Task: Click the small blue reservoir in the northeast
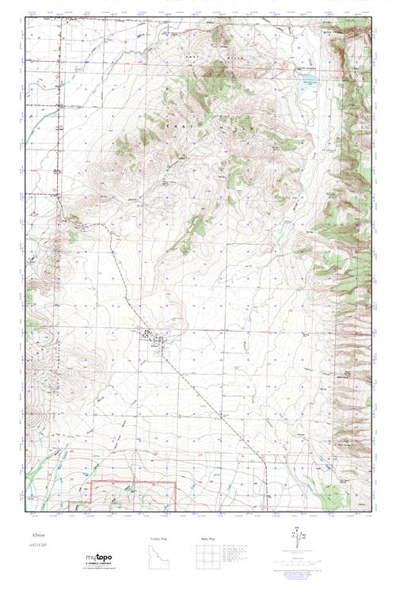pos(305,89)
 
